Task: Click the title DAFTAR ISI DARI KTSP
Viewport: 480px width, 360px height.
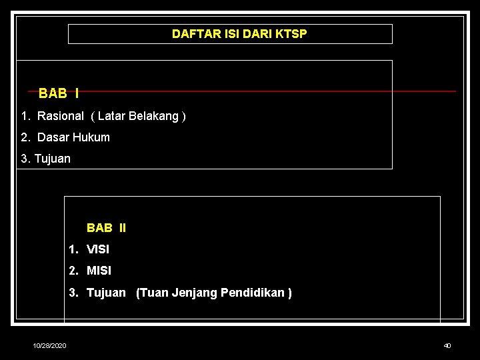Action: (239, 34)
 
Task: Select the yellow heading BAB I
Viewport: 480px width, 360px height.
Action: (59, 93)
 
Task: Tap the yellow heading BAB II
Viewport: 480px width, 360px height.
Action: (106, 228)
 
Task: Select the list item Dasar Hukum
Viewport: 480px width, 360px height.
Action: (73, 137)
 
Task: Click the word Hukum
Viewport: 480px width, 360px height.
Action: (93, 137)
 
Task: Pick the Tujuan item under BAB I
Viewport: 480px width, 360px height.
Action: (52, 159)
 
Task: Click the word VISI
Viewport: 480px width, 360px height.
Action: (98, 249)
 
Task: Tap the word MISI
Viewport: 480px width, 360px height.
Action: (99, 271)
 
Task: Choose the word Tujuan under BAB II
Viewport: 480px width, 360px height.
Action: (106, 293)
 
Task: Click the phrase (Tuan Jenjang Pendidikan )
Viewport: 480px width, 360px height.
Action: (213, 293)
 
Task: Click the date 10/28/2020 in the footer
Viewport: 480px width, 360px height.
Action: (50, 345)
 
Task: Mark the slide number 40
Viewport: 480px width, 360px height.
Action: (447, 345)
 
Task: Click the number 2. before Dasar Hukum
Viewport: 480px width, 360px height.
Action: (25, 137)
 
